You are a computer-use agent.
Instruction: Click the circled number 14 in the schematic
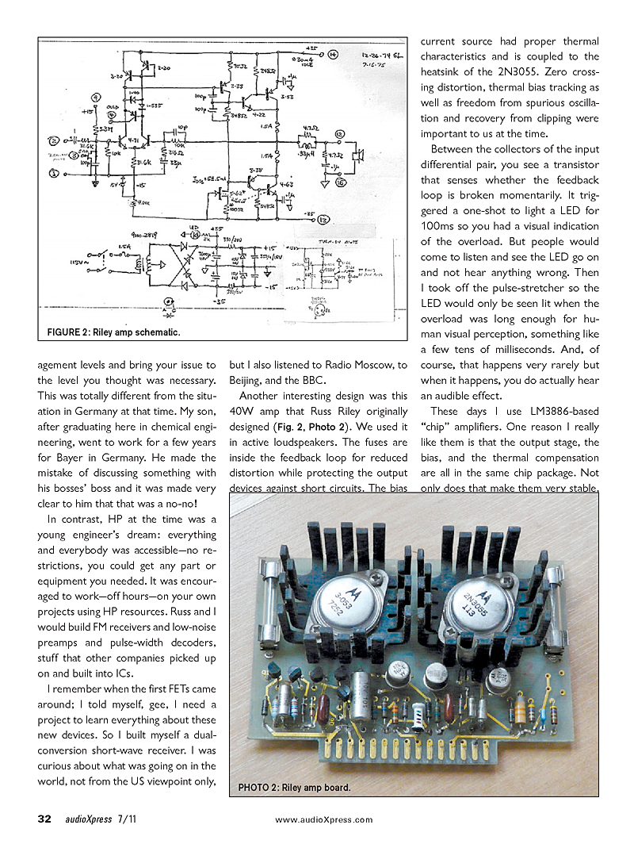coord(334,54)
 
